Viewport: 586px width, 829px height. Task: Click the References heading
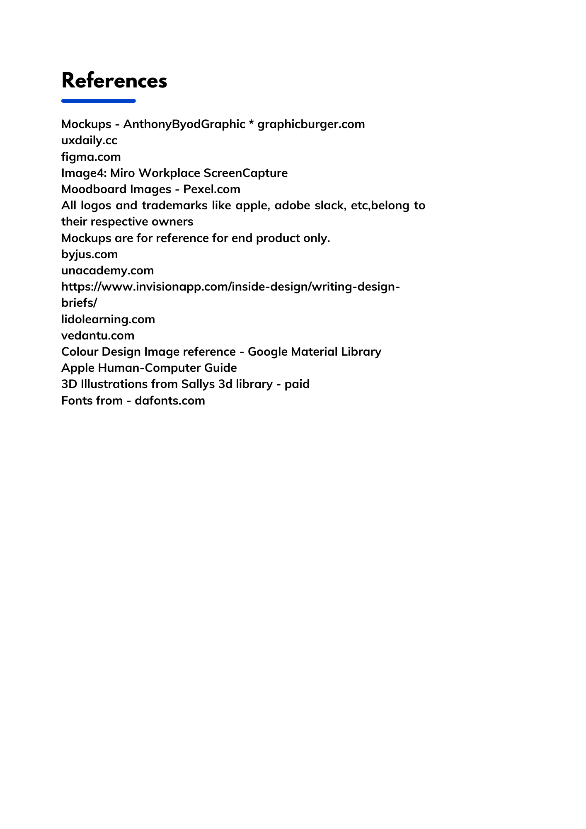coord(114,81)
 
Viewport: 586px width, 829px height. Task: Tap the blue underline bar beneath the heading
coord(98,101)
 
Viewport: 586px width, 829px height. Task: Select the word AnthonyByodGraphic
coord(184,124)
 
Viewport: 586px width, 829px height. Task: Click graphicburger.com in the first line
coord(311,124)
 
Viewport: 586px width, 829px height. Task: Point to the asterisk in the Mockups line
coord(252,124)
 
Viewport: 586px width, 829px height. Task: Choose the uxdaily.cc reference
coord(89,141)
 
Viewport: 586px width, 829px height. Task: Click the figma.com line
coord(91,157)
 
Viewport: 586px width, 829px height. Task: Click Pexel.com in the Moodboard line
coord(212,189)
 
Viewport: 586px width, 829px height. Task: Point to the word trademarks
coord(174,206)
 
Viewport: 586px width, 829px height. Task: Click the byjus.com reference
coord(90,254)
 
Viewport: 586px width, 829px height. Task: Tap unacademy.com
coord(107,271)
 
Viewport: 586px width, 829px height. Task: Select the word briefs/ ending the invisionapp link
coord(79,303)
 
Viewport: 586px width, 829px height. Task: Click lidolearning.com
coord(108,319)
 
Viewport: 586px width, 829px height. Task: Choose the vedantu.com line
coord(98,335)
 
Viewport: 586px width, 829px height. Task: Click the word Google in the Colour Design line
coord(267,352)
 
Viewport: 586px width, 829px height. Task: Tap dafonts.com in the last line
coord(170,400)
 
